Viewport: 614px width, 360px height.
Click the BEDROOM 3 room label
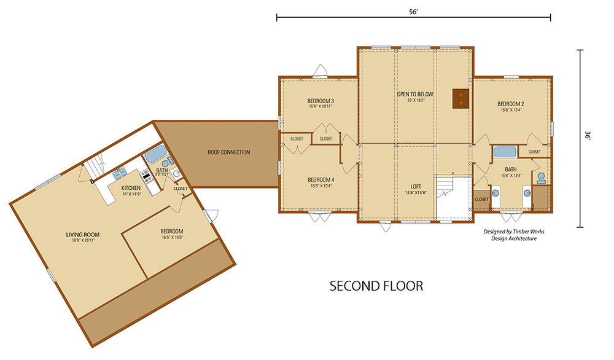tap(321, 101)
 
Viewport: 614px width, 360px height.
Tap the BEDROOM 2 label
tap(510, 104)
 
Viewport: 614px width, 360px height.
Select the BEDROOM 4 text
tap(321, 179)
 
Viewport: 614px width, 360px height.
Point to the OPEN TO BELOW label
tap(415, 94)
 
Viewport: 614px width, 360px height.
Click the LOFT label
tap(415, 186)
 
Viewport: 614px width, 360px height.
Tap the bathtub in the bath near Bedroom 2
tap(504, 152)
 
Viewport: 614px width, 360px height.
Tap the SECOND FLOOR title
tap(376, 286)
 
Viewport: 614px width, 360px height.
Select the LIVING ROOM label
tap(83, 234)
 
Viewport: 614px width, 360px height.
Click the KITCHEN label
tap(131, 187)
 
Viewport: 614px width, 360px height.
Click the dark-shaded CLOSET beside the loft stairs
tap(481, 200)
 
